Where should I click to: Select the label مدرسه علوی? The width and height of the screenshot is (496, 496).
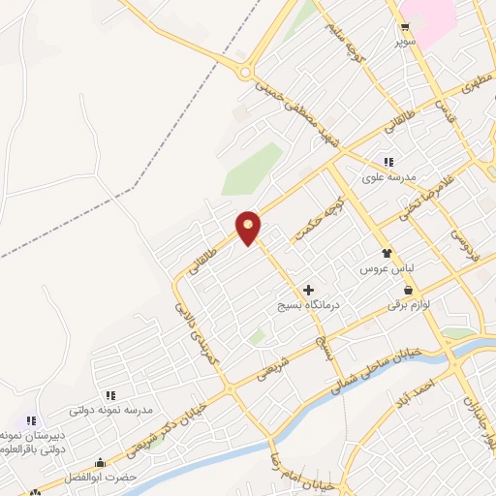(388, 177)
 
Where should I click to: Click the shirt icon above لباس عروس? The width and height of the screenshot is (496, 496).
(387, 251)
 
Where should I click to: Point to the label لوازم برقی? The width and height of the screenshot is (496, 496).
(407, 304)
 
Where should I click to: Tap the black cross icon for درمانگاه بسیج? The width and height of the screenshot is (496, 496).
(308, 290)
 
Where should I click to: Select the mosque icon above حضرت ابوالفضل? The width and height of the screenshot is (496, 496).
(100, 463)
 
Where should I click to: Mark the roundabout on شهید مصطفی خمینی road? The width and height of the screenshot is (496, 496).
(245, 71)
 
